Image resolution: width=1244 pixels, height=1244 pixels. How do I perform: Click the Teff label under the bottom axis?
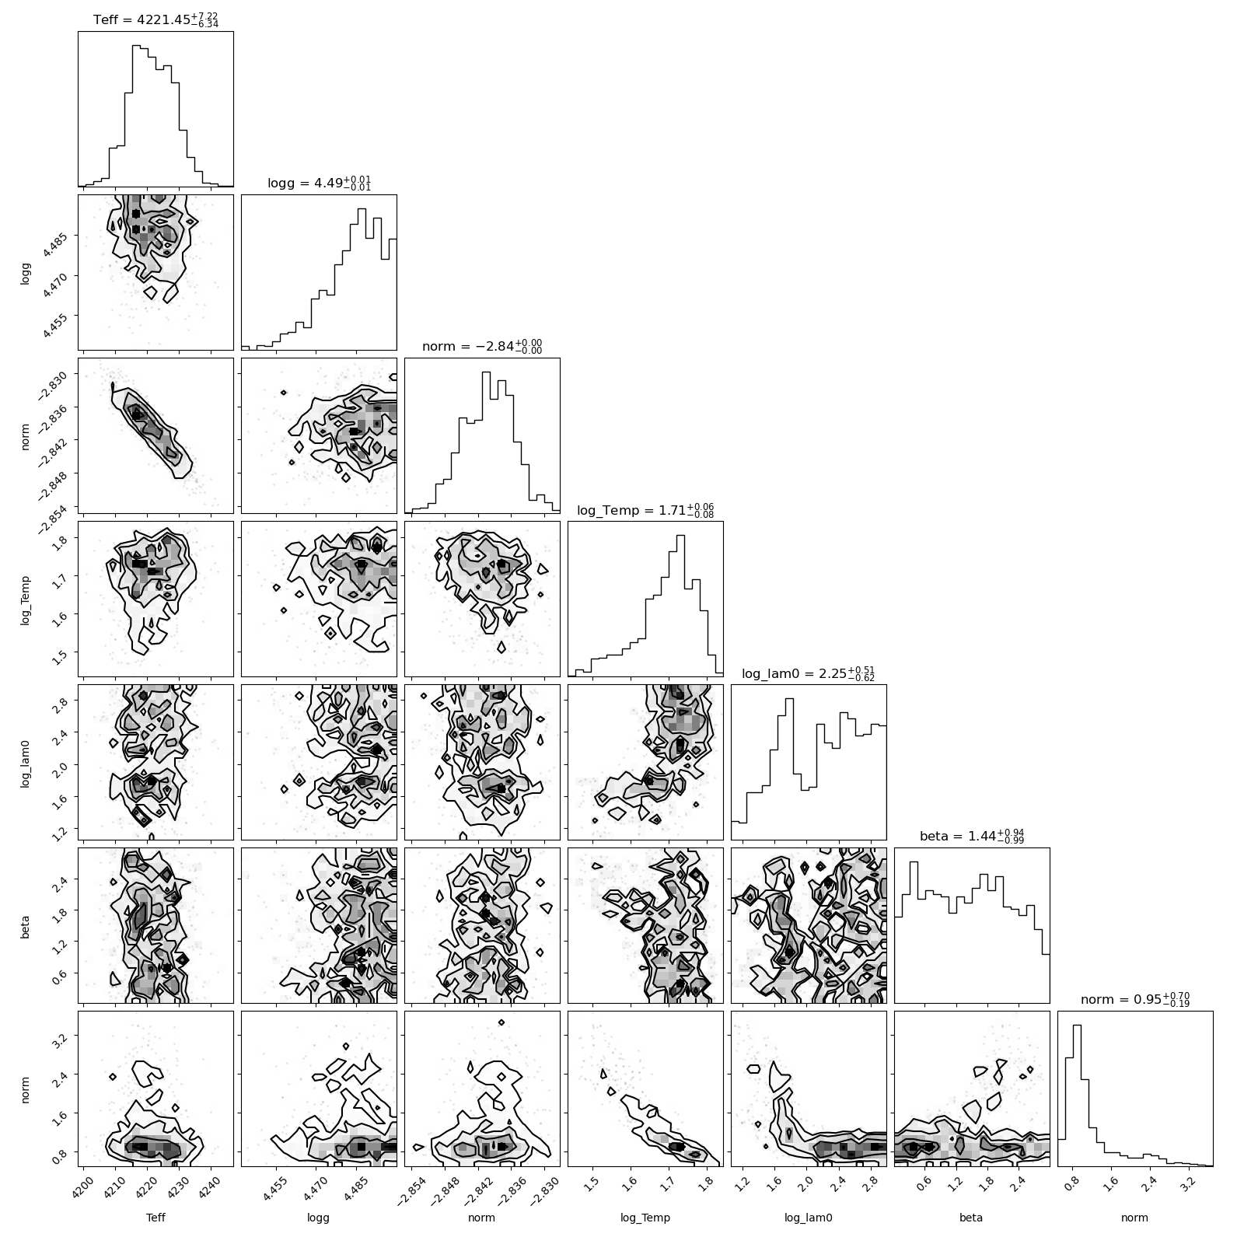point(155,1218)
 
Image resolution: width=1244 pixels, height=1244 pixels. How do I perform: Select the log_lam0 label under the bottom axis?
point(809,1218)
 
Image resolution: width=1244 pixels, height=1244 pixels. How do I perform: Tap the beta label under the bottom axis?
point(972,1218)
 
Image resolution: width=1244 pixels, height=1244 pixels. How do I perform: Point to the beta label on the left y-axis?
point(26,925)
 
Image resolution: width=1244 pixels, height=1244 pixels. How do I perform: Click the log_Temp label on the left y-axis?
point(26,599)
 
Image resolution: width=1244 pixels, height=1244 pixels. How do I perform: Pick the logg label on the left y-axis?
point(26,272)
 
